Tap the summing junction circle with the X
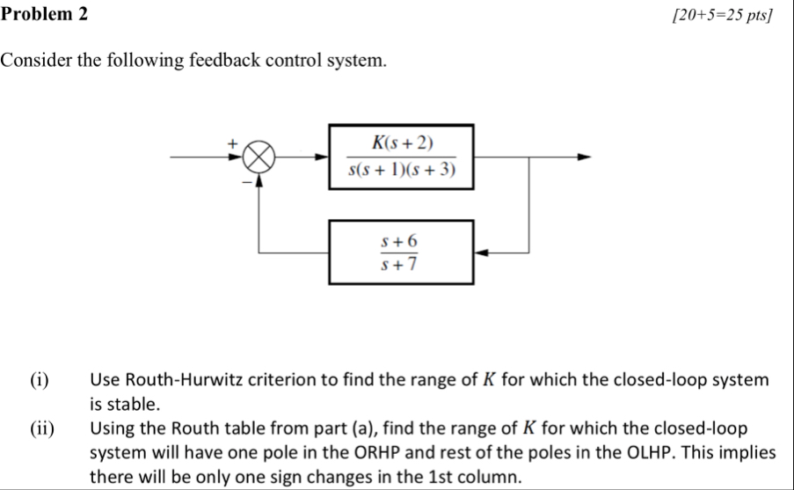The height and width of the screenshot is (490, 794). pos(259,158)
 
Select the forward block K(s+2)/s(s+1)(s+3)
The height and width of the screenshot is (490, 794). pos(402,157)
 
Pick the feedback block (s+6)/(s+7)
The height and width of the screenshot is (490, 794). pos(401,252)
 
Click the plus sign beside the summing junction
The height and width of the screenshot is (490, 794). pos(233,141)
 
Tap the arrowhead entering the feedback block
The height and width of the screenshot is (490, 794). pos(480,252)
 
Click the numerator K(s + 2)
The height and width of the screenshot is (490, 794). pos(403,143)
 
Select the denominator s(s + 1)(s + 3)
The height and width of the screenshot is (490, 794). pos(402,171)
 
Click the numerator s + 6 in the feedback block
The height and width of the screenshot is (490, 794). pos(400,240)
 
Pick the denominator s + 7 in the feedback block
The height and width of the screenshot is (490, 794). pos(400,264)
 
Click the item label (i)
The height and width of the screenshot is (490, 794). pos(39,381)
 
